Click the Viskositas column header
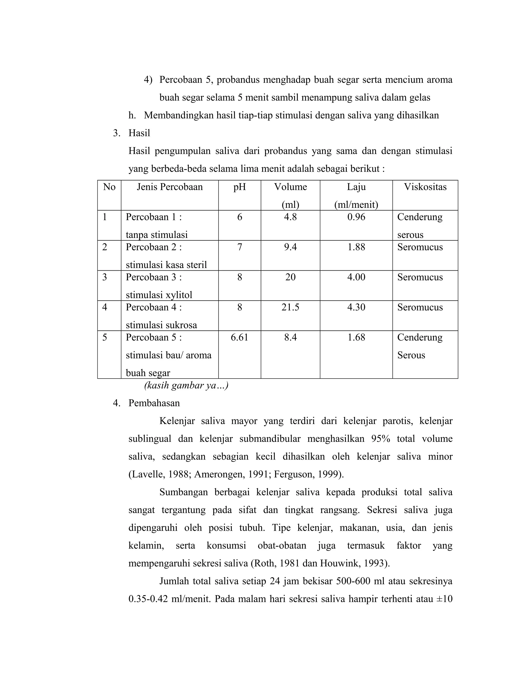coord(425,187)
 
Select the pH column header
coord(239,187)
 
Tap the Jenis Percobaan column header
coord(170,187)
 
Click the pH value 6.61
coord(239,337)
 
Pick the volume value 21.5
coord(290,307)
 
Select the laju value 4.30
coord(356,307)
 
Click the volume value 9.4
coord(290,247)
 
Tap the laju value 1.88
coord(356,247)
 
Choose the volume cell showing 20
coord(290,277)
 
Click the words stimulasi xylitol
coord(159,295)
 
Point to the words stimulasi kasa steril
coord(166,265)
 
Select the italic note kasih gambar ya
coord(186,385)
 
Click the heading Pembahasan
coord(154,403)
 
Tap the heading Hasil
coord(139,133)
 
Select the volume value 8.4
coord(290,337)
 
